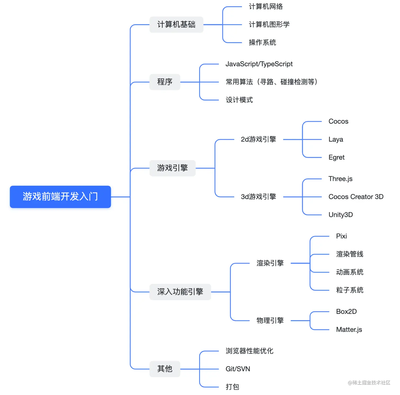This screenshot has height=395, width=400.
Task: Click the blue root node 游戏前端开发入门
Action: [60, 197]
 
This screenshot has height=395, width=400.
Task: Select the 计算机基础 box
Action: [176, 25]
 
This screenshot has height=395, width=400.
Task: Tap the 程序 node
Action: [165, 82]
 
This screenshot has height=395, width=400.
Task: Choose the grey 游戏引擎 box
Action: [172, 168]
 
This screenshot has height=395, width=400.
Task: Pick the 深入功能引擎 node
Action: [180, 292]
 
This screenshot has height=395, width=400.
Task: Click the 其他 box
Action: [165, 369]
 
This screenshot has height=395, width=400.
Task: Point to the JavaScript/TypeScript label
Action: [259, 64]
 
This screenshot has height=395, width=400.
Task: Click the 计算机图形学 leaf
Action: [269, 25]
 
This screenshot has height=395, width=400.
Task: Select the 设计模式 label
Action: [239, 100]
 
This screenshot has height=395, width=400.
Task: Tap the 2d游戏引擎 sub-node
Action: [258, 139]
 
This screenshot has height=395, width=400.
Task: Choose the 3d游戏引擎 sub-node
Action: [258, 197]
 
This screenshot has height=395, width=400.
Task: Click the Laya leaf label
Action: [335, 140]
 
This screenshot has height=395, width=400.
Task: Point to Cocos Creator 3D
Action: [356, 197]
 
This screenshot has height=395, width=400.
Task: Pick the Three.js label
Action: [340, 179]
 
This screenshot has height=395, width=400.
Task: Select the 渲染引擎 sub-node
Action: [270, 263]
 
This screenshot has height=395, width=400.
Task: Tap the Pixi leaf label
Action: [341, 236]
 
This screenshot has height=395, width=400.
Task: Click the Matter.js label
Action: [349, 330]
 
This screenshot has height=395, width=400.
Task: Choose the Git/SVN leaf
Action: [238, 369]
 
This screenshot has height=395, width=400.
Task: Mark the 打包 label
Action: [232, 387]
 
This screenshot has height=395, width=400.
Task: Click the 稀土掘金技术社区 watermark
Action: [369, 383]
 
